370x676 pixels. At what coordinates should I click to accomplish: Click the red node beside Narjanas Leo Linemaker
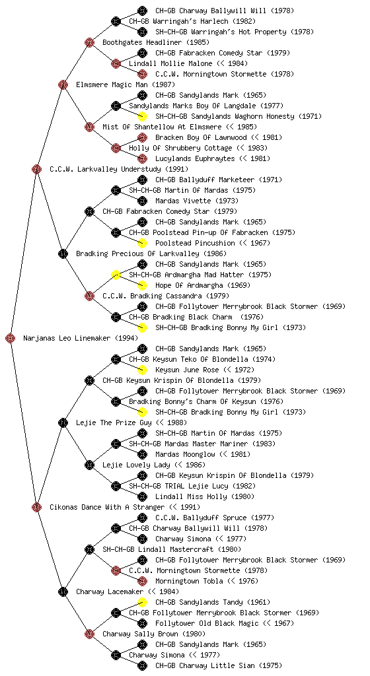(x=11, y=338)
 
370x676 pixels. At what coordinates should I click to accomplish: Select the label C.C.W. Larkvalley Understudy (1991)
(x=119, y=169)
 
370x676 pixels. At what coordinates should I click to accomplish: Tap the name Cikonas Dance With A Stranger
(x=107, y=507)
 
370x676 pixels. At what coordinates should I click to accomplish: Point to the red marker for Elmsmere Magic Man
(x=63, y=84)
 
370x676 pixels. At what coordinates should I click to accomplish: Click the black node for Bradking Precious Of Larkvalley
(x=63, y=253)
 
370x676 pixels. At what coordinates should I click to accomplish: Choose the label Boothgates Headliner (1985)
(x=156, y=42)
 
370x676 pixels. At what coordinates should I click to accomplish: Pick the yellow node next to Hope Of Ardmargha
(x=142, y=285)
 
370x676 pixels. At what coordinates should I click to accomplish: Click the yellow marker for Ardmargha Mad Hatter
(x=116, y=275)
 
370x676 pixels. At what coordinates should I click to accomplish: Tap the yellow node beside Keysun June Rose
(x=142, y=370)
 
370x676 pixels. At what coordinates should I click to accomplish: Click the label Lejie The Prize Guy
(x=114, y=422)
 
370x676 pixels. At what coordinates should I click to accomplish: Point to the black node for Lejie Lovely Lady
(x=89, y=465)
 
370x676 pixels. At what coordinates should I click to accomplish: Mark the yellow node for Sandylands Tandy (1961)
(x=142, y=602)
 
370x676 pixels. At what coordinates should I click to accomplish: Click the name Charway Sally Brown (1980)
(x=154, y=634)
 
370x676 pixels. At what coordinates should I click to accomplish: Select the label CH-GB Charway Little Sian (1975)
(x=219, y=665)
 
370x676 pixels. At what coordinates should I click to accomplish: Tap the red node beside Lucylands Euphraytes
(x=142, y=158)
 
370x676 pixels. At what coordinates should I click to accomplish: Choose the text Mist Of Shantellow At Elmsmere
(x=162, y=127)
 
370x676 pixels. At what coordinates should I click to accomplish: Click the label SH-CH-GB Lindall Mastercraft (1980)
(x=172, y=549)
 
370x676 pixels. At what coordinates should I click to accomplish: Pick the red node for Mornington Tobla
(x=142, y=581)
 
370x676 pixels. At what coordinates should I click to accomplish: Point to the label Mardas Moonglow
(x=185, y=454)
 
